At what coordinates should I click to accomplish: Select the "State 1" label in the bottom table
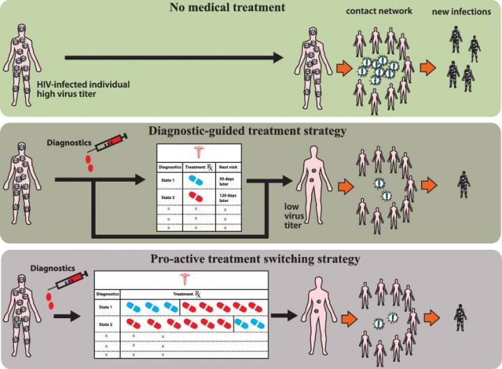107,306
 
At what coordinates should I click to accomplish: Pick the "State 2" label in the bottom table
107,324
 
